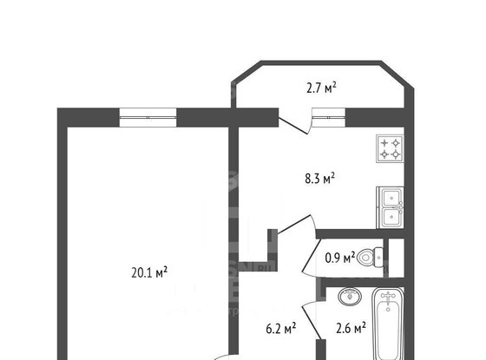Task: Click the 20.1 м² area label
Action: click(x=148, y=271)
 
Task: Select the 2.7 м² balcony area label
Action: click(x=321, y=86)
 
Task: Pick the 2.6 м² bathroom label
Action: click(x=350, y=327)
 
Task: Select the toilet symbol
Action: click(x=371, y=257)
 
